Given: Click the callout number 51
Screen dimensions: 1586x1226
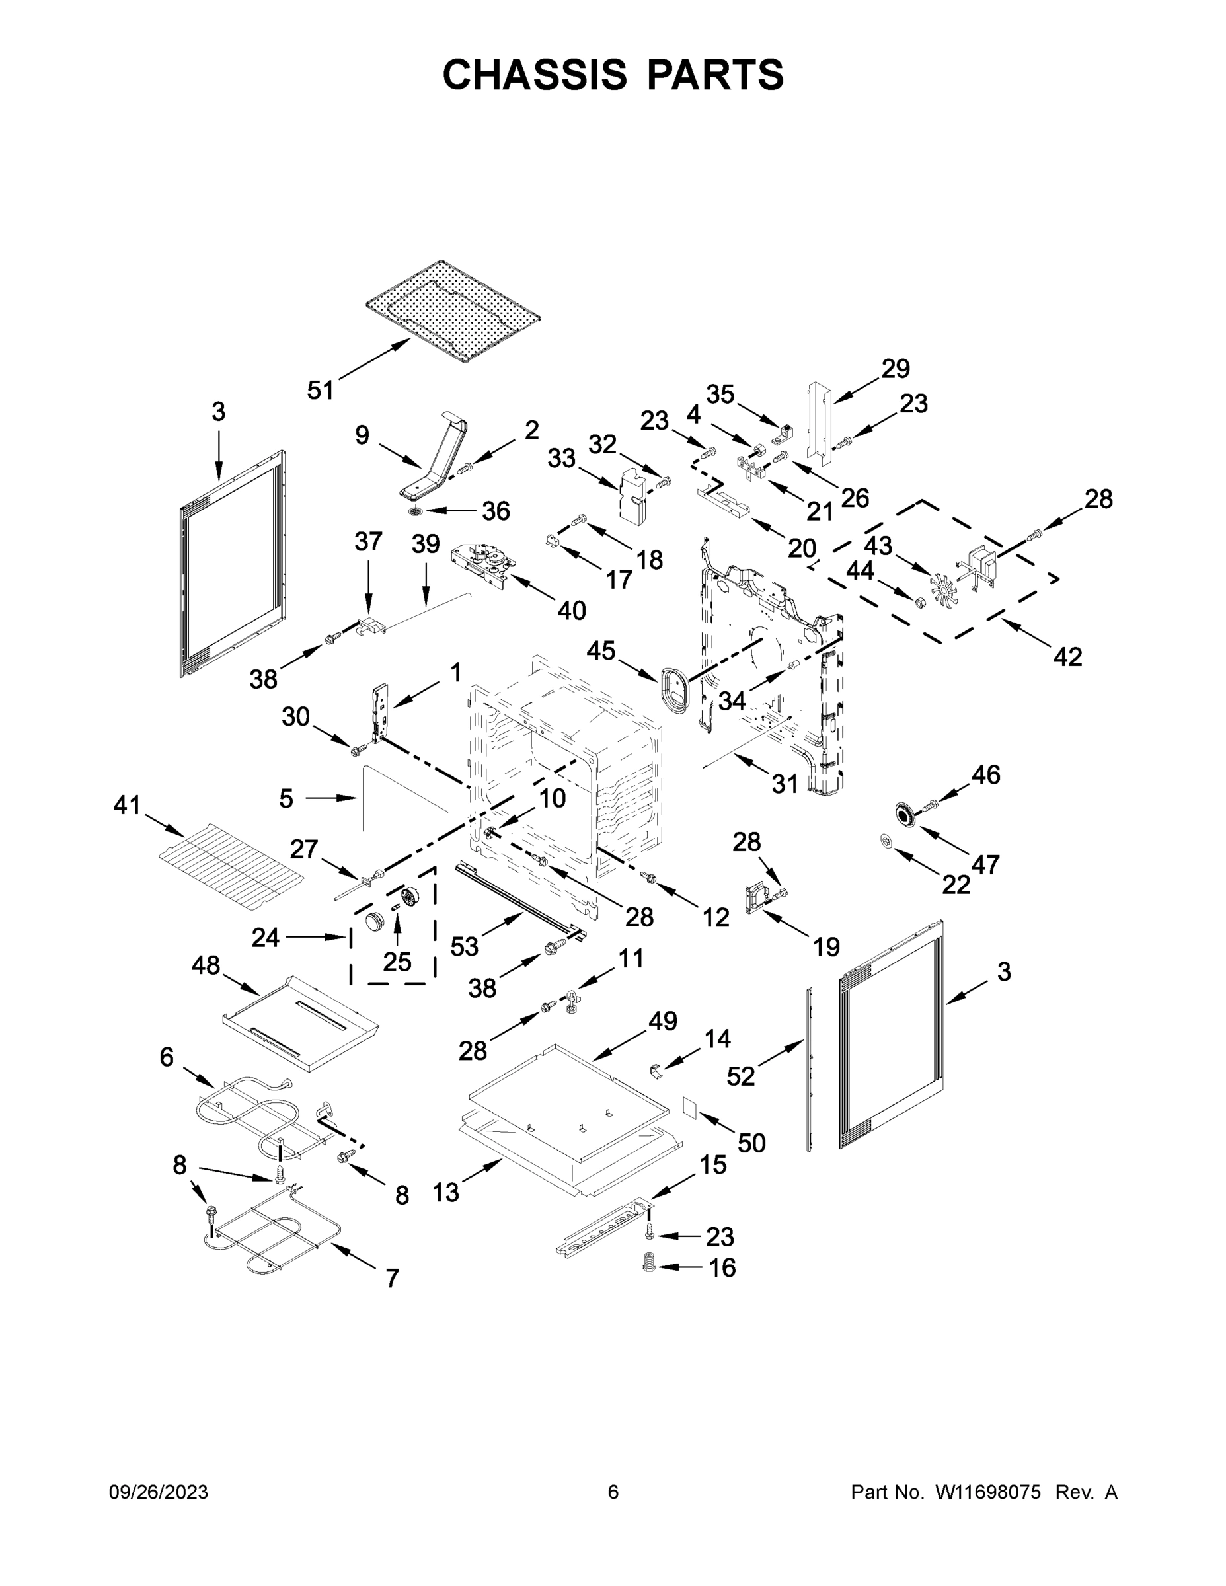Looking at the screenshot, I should [320, 391].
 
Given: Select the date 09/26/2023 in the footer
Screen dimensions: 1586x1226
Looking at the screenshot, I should [159, 1492].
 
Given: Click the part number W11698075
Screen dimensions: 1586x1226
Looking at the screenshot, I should [988, 1492].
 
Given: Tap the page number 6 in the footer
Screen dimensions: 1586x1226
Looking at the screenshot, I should [613, 1492].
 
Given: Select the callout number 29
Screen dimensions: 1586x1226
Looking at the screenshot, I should [896, 369].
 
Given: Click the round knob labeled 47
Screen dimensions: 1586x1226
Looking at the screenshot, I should [904, 815].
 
